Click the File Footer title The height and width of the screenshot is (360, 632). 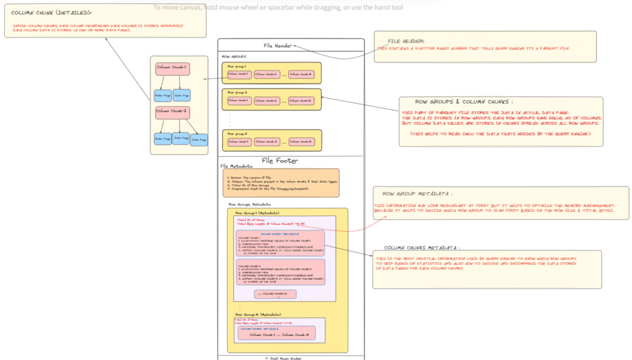280,161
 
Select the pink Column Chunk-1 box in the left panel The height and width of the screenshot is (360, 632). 172,67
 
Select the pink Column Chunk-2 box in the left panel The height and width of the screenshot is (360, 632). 172,111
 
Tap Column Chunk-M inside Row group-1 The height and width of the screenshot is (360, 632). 301,74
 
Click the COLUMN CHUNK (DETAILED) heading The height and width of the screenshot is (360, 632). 52,13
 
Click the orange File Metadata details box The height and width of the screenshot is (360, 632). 280,183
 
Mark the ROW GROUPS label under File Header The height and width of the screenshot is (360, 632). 234,56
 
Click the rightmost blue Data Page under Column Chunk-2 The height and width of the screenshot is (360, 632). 199,141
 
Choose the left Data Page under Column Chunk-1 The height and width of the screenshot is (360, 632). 162,96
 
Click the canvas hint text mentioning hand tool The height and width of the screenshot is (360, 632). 278,7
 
